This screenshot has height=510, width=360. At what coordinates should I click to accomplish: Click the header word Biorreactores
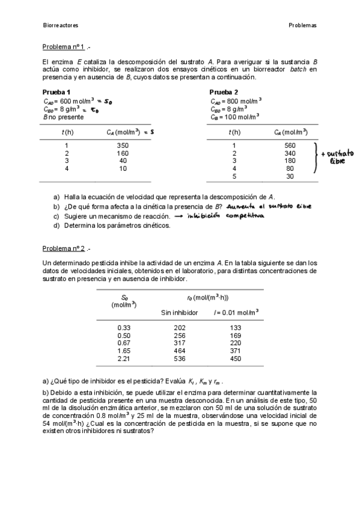click(61, 26)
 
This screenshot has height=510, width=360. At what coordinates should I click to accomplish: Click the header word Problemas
click(302, 26)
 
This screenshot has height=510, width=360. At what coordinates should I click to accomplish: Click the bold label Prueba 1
click(56, 92)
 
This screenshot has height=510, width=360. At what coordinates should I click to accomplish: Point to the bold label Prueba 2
click(224, 92)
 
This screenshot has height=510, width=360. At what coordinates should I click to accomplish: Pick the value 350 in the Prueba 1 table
click(123, 146)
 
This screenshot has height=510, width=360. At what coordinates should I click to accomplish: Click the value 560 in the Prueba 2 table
click(290, 146)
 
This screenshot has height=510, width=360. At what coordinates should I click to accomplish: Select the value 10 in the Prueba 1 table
click(123, 169)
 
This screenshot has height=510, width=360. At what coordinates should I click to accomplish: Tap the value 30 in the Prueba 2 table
click(290, 177)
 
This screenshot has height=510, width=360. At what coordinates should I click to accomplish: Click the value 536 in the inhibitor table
click(179, 359)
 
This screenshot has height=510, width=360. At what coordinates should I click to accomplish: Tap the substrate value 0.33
click(124, 328)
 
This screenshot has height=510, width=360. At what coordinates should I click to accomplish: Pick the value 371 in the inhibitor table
click(236, 351)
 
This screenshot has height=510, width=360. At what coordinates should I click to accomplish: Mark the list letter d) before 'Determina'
click(56, 226)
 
